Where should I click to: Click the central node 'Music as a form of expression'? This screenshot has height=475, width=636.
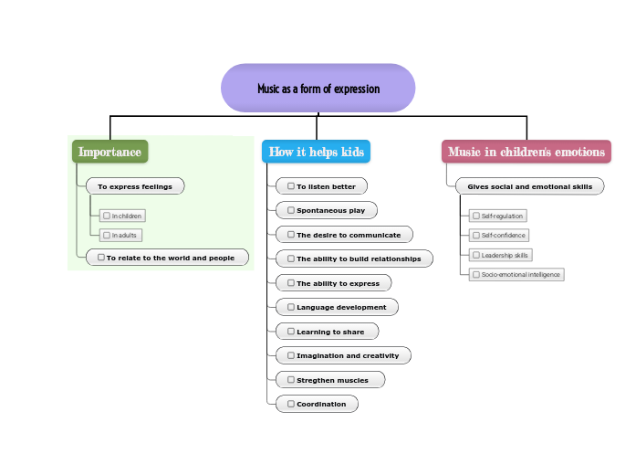(318, 89)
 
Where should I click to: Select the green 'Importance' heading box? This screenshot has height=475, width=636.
(109, 152)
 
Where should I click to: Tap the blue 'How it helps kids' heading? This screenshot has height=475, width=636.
(316, 152)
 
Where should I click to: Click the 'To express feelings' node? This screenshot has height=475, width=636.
(135, 186)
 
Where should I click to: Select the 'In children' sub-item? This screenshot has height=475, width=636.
(123, 216)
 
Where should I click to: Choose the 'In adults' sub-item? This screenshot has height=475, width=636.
(121, 235)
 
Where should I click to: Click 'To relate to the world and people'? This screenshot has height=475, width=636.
(167, 258)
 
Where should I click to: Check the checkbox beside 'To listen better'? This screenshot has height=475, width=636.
(290, 186)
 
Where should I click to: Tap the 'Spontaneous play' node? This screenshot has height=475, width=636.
(327, 210)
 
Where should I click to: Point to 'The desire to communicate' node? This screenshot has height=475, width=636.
(344, 235)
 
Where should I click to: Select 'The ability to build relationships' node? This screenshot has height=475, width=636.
(354, 259)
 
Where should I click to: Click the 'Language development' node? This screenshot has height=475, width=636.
(337, 307)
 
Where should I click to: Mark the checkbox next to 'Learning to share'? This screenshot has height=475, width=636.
(290, 332)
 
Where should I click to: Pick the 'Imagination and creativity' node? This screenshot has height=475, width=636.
(343, 355)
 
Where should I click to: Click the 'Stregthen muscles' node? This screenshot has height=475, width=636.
(329, 379)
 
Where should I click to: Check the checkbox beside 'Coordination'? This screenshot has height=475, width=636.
(290, 404)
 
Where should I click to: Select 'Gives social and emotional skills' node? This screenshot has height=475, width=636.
(529, 186)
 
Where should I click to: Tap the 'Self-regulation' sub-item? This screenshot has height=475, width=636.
(498, 216)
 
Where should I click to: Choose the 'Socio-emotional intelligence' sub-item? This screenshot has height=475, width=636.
(516, 274)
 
